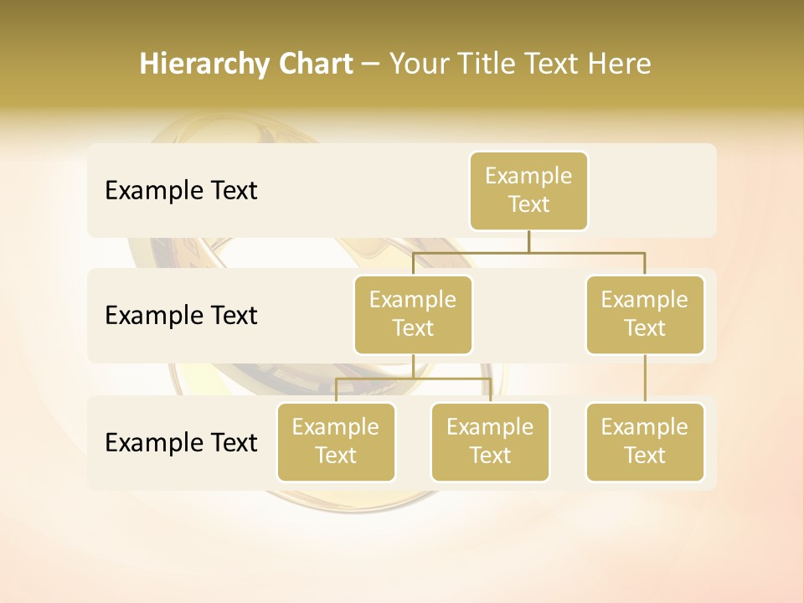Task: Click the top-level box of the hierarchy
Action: (528, 191)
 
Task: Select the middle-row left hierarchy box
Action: (413, 315)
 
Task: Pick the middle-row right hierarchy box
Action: (645, 315)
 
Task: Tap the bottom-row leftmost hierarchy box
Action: (336, 442)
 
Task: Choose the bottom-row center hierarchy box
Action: (490, 442)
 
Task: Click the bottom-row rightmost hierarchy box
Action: (645, 442)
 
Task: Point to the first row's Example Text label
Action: (181, 191)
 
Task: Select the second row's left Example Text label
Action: (181, 316)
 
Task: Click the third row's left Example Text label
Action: (181, 442)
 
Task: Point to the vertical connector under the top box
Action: (528, 241)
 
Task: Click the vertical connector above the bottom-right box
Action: (645, 379)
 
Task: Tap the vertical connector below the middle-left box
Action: (413, 366)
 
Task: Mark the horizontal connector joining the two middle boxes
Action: (528, 252)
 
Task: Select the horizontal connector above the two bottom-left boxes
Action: (413, 379)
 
